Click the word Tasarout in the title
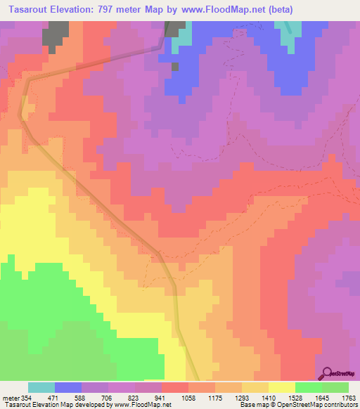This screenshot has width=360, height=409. (34, 10)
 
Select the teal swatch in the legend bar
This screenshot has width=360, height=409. (41, 388)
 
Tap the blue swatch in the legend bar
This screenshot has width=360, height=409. (67, 388)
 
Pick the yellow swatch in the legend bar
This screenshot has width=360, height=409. (281, 388)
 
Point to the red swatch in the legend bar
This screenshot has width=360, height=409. (174, 388)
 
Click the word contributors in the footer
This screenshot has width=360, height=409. (342, 405)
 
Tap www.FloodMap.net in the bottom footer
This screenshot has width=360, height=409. (133, 405)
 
